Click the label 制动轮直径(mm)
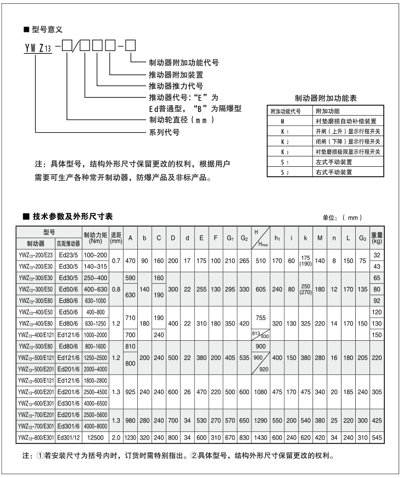point(181,120)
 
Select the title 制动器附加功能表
point(326,98)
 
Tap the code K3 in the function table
point(284,151)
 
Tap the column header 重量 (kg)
point(376,237)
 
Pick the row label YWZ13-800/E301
point(36,438)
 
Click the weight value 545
point(376,438)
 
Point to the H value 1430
point(260,438)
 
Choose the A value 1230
point(130,438)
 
